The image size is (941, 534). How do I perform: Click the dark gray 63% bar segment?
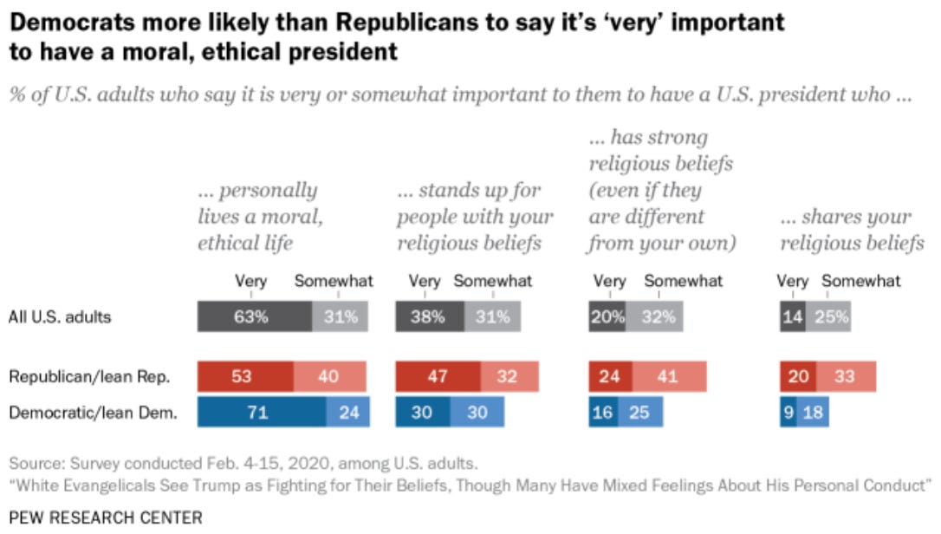(254, 316)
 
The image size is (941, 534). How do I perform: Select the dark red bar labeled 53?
(245, 377)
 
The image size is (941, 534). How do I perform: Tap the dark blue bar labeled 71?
(261, 412)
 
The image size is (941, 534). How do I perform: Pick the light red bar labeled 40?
(330, 377)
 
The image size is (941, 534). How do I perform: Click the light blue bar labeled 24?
(348, 412)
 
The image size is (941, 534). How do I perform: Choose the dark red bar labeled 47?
(437, 377)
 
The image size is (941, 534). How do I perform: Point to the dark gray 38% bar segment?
(429, 316)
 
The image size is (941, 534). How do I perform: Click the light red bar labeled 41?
(669, 377)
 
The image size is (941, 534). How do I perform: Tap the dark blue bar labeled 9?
(788, 412)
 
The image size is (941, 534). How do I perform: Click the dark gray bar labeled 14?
(792, 316)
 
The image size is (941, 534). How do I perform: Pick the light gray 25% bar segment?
(828, 316)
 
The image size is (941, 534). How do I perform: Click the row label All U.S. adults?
(60, 316)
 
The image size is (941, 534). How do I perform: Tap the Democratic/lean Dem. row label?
(93, 412)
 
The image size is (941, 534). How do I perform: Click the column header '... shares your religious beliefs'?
(852, 231)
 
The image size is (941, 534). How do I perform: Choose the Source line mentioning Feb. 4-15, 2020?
(243, 463)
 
